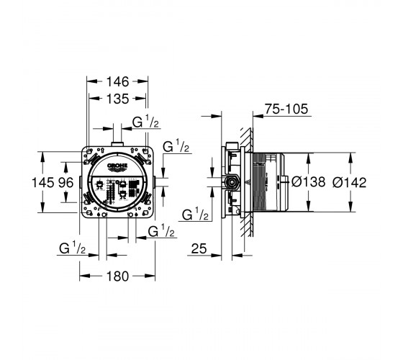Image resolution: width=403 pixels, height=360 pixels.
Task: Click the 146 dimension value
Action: pyautogui.click(x=117, y=82)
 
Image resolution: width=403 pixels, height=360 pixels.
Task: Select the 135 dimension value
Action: pyautogui.click(x=117, y=99)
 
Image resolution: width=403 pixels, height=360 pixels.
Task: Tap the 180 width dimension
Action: pyautogui.click(x=117, y=276)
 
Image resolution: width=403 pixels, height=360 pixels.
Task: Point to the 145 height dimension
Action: pyautogui.click(x=43, y=183)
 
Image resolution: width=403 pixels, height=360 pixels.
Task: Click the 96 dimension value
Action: pyautogui.click(x=66, y=183)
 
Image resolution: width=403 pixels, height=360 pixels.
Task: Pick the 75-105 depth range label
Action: pyautogui.click(x=286, y=109)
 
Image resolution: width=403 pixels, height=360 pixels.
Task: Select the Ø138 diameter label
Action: pyautogui.click(x=309, y=182)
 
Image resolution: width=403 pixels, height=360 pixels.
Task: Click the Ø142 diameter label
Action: pyautogui.click(x=349, y=183)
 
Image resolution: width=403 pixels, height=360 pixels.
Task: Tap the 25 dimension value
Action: pyautogui.click(x=199, y=248)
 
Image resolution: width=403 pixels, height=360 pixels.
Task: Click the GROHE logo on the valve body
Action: pyautogui.click(x=117, y=166)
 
